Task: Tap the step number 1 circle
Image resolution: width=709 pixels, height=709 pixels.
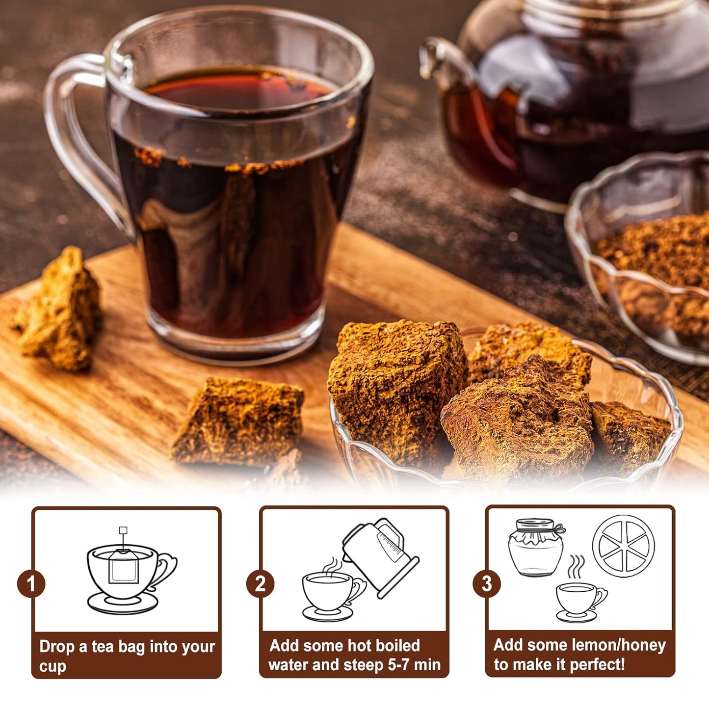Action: pyautogui.click(x=31, y=583)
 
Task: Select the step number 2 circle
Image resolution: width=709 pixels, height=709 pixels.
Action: pyautogui.click(x=260, y=583)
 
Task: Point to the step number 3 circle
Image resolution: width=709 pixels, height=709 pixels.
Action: pyautogui.click(x=486, y=583)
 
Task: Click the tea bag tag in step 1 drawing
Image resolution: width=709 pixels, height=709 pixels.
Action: pyautogui.click(x=123, y=530)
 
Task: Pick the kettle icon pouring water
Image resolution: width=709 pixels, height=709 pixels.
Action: pyautogui.click(x=380, y=557)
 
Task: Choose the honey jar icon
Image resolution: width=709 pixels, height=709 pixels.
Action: pyautogui.click(x=536, y=547)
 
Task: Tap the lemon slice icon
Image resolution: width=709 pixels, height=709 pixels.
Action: pyautogui.click(x=623, y=546)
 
